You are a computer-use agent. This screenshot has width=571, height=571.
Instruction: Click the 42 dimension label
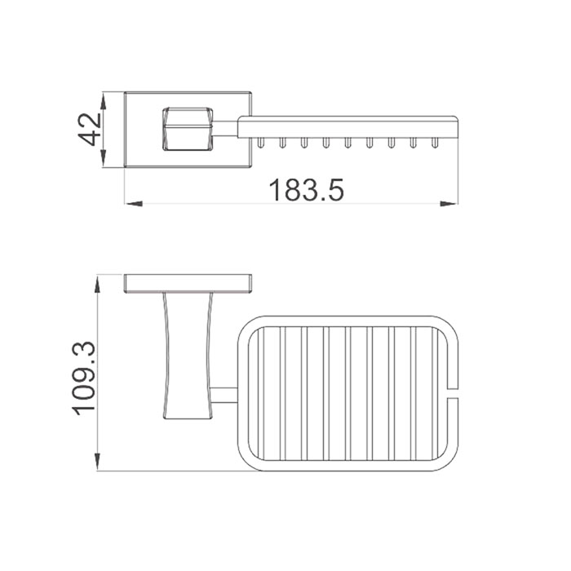click(90, 129)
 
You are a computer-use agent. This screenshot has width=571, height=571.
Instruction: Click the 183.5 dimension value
click(306, 190)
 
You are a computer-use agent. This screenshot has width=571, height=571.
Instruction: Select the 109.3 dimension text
click(84, 378)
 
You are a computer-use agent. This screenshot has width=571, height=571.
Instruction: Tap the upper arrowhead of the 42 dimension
click(104, 101)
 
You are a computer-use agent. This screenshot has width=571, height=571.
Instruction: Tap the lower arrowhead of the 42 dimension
click(104, 158)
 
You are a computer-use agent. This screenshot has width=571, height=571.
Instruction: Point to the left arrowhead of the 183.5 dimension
click(134, 204)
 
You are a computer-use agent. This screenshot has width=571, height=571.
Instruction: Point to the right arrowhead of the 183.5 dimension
click(449, 204)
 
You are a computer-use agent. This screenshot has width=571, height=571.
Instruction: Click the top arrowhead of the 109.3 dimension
click(97, 285)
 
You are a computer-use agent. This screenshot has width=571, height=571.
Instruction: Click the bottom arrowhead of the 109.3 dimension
click(97, 462)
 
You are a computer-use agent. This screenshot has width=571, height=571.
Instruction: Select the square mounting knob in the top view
click(188, 129)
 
